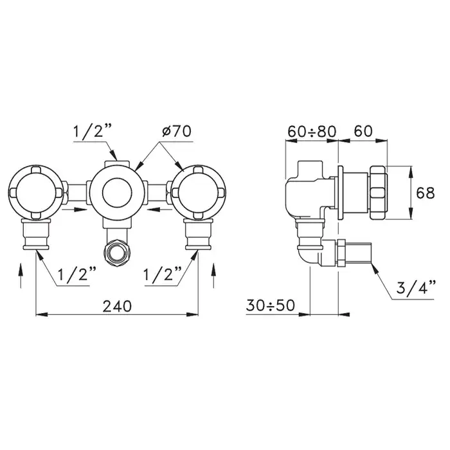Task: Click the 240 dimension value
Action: (117, 306)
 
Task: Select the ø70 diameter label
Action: (177, 131)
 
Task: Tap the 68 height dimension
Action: (426, 193)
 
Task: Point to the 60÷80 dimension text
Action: (312, 131)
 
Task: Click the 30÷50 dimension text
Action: (271, 305)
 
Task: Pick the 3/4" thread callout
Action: (416, 288)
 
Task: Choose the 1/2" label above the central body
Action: (93, 131)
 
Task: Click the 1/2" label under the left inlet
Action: (77, 275)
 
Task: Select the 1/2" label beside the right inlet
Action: (162, 275)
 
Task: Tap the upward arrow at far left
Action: (21, 276)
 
